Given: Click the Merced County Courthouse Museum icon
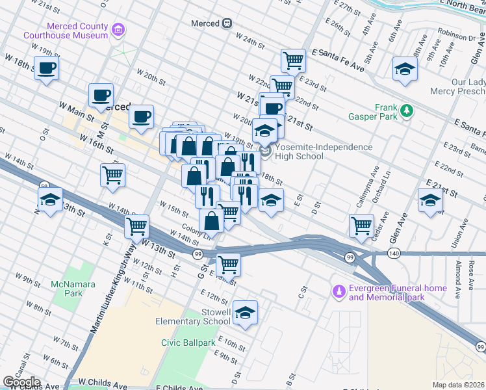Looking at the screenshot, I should (118, 29).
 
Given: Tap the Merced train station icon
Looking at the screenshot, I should (227, 23).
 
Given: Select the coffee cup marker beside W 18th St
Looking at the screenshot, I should (46, 68).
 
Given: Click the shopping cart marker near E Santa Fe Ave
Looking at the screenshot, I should (294, 61).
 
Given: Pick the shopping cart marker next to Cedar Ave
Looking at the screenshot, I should (361, 226).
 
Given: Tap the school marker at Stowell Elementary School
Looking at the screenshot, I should (245, 313).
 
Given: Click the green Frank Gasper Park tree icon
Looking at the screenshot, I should (407, 110).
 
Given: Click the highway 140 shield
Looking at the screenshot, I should (394, 252).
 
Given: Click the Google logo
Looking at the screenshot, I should (21, 382).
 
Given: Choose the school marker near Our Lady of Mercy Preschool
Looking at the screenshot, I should (404, 70).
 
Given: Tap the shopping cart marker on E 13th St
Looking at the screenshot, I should (228, 264).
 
